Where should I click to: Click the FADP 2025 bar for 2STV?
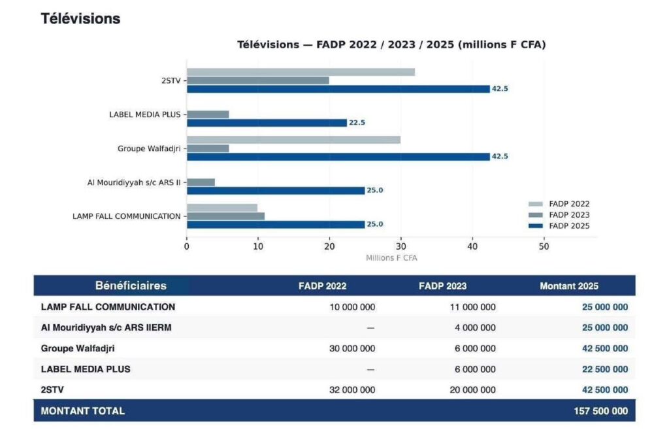tap(338, 89)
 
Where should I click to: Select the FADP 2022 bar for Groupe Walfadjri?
tap(293, 140)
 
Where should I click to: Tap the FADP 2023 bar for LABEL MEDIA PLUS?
tap(208, 114)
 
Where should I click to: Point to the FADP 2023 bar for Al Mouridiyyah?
tap(201, 182)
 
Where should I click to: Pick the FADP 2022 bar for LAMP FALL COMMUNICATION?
tap(222, 208)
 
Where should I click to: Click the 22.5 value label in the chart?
tap(357, 123)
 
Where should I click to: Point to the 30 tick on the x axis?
tap(400, 246)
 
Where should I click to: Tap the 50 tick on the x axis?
tap(544, 246)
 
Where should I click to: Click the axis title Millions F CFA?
tap(391, 258)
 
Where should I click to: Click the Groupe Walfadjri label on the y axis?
tap(149, 148)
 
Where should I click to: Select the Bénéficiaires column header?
tap(131, 286)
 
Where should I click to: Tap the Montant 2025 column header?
tap(569, 286)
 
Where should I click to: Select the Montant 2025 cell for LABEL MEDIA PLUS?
tap(605, 369)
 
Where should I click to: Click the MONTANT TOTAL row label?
tap(82, 411)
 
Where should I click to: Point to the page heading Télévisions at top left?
tap(80, 19)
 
